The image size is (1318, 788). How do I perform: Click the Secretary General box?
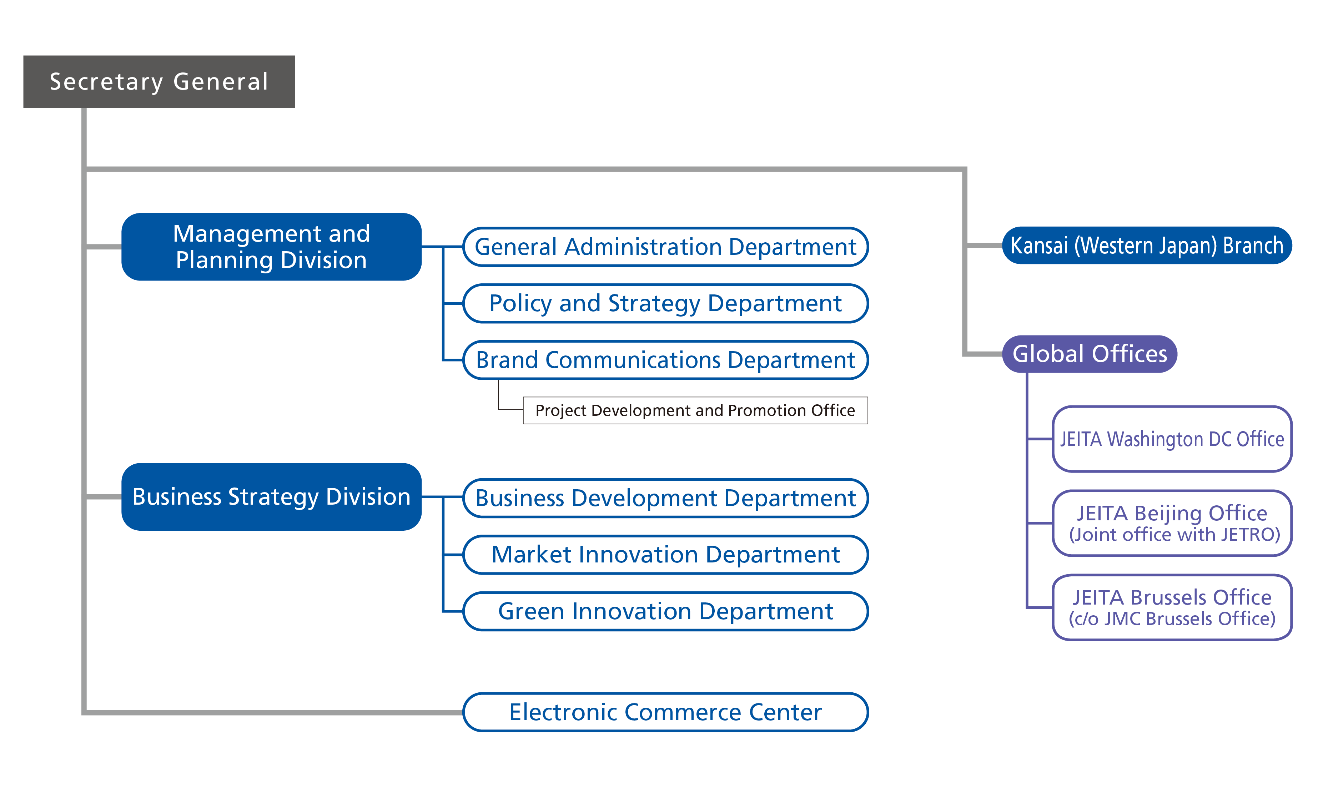(x=159, y=82)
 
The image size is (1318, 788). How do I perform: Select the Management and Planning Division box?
(x=271, y=247)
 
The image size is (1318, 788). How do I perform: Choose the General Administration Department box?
(x=665, y=247)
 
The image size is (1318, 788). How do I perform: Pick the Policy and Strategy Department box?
(x=665, y=303)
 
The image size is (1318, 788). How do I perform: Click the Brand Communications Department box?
(x=665, y=360)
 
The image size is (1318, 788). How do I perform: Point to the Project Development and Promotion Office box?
(x=695, y=410)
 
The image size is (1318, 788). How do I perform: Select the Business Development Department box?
(x=665, y=498)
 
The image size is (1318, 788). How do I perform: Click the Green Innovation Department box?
(x=665, y=611)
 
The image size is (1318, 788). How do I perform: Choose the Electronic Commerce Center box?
(x=665, y=712)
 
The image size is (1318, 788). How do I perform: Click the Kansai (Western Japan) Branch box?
(x=1147, y=245)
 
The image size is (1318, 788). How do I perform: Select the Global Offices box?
(x=1090, y=354)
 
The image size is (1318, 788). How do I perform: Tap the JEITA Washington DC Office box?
(x=1172, y=439)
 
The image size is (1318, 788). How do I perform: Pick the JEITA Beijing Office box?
(x=1172, y=523)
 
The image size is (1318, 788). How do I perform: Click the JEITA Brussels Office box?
(x=1172, y=607)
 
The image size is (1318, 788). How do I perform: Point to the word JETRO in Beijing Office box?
(x=1247, y=534)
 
